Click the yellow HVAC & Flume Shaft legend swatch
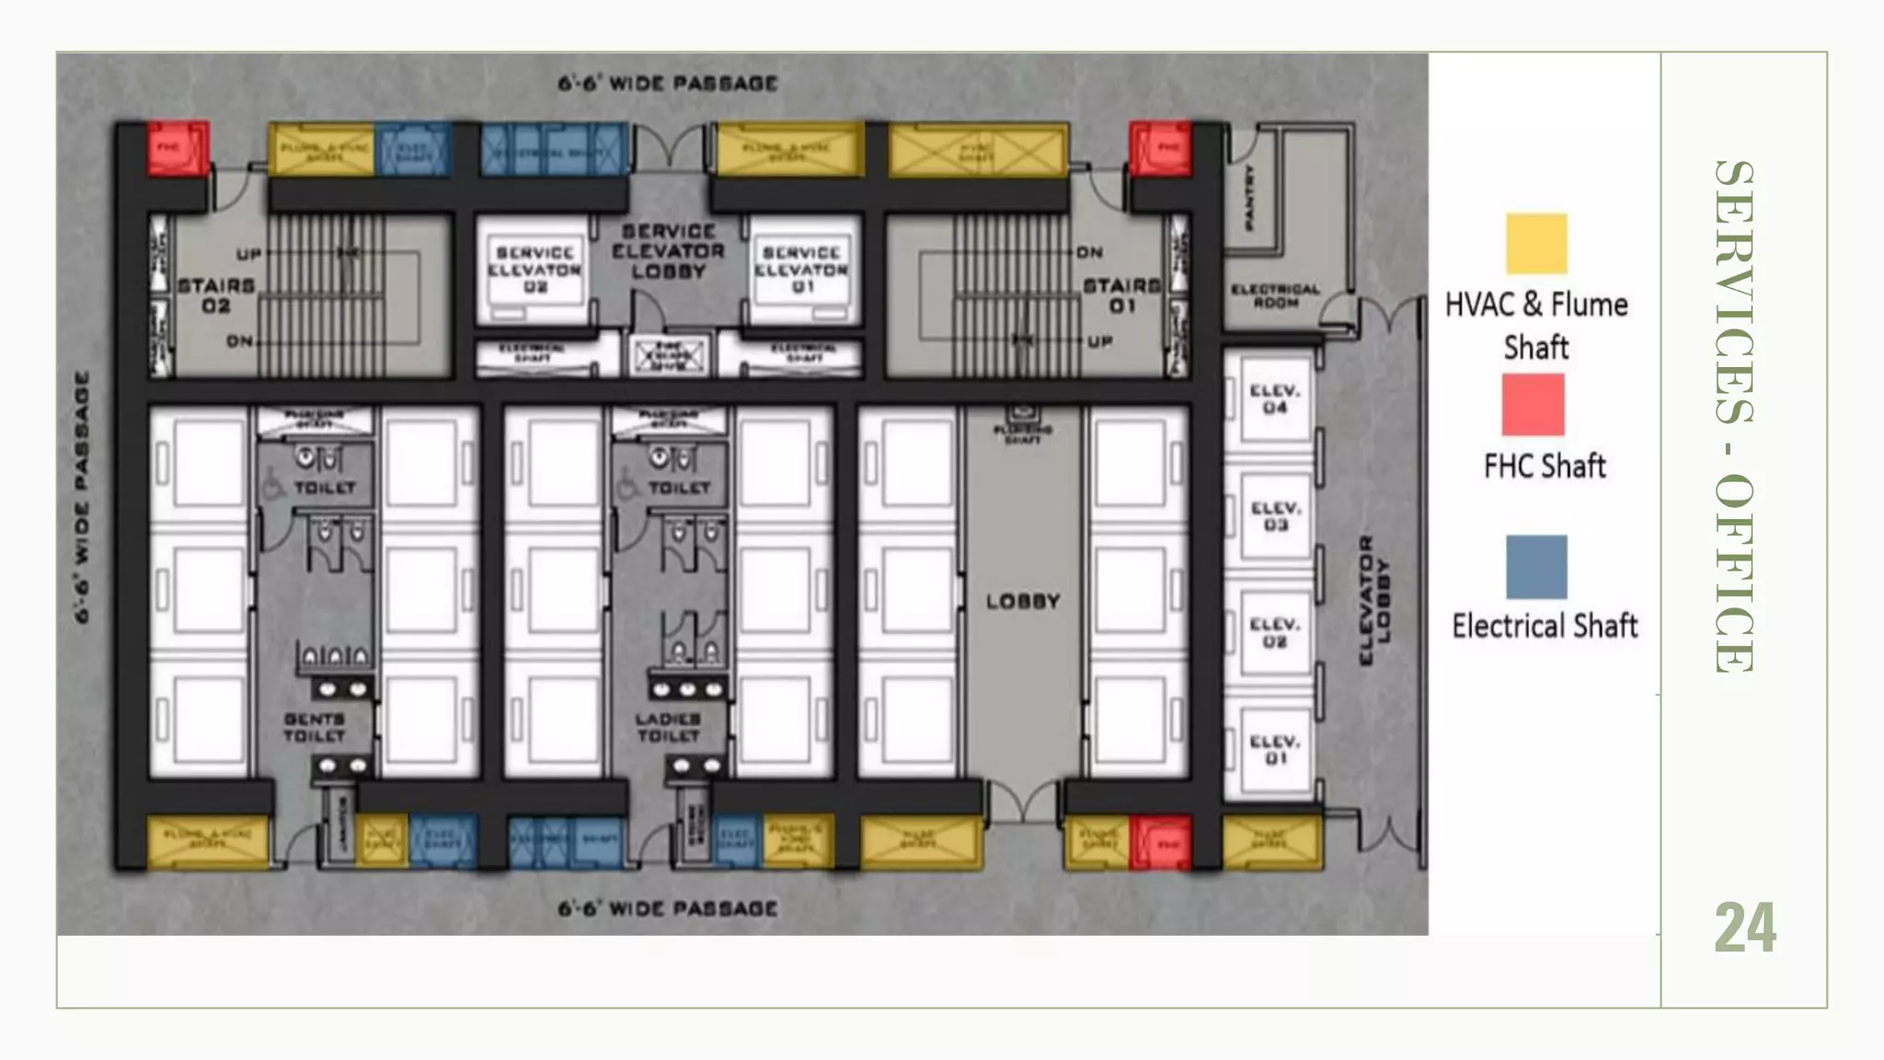pos(1536,244)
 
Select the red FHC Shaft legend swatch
pos(1533,405)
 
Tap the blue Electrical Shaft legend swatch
pos(1536,567)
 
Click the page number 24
pos(1745,928)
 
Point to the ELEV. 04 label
pos(1274,398)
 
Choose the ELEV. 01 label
pos(1274,749)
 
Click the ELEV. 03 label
pos(1274,515)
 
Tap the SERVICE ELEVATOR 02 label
pos(534,269)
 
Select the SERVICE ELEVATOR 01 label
pos(801,269)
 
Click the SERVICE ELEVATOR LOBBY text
pos(668,251)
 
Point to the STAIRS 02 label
pos(216,295)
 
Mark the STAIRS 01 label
pos(1121,295)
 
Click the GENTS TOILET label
pos(315,727)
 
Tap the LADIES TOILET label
pos(669,727)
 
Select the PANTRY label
pos(1248,197)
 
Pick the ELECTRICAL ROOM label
pos(1275,295)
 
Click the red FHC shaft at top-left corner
pos(178,147)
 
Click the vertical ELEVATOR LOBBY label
pos(1375,600)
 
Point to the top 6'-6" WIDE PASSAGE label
pos(668,84)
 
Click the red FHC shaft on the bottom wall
pos(1160,842)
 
